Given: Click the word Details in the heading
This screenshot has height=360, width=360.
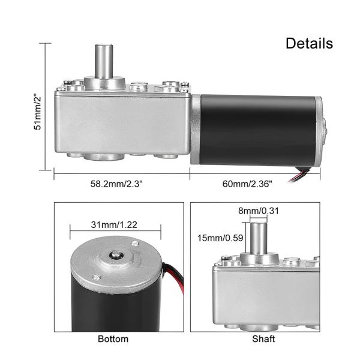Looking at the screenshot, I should (x=308, y=43).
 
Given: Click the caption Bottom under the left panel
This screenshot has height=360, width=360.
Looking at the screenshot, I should (x=113, y=339).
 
